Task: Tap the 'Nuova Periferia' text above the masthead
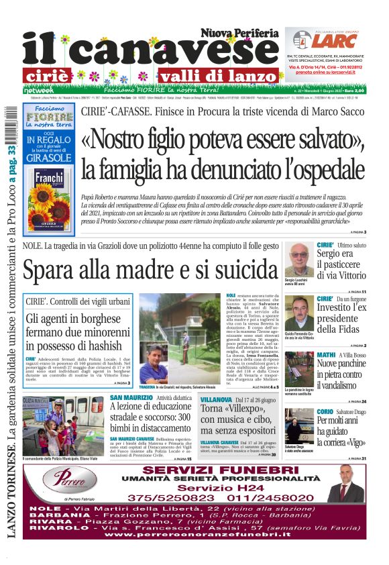click(239, 32)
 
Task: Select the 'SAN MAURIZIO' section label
click(131, 398)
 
